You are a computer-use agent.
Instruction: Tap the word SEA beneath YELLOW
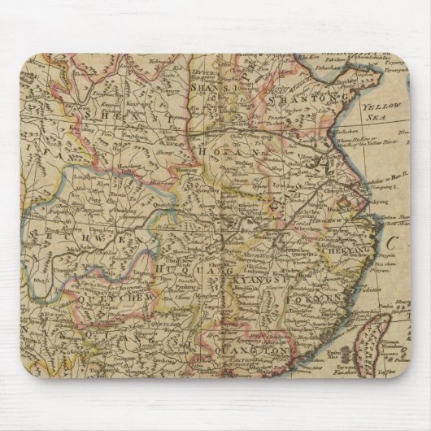tap(396, 116)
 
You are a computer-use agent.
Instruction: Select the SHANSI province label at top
tap(213, 86)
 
